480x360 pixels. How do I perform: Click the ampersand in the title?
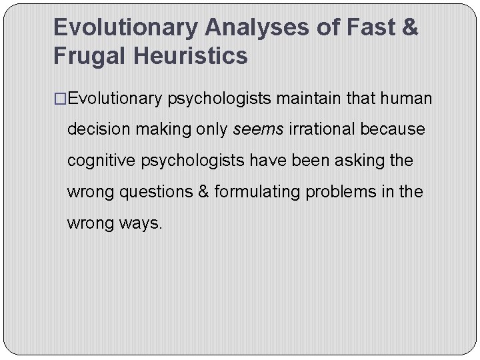[411, 27]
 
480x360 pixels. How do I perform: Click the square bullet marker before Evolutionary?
[61, 99]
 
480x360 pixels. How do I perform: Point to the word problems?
[341, 192]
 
